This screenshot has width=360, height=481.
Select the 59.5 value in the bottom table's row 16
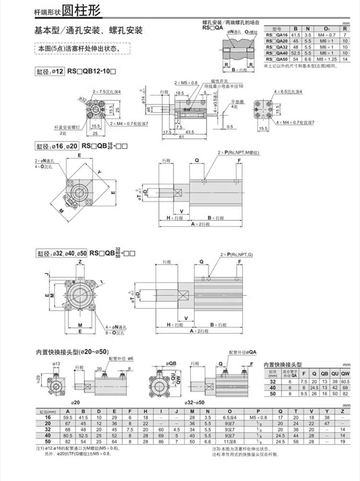coord(67,417)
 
